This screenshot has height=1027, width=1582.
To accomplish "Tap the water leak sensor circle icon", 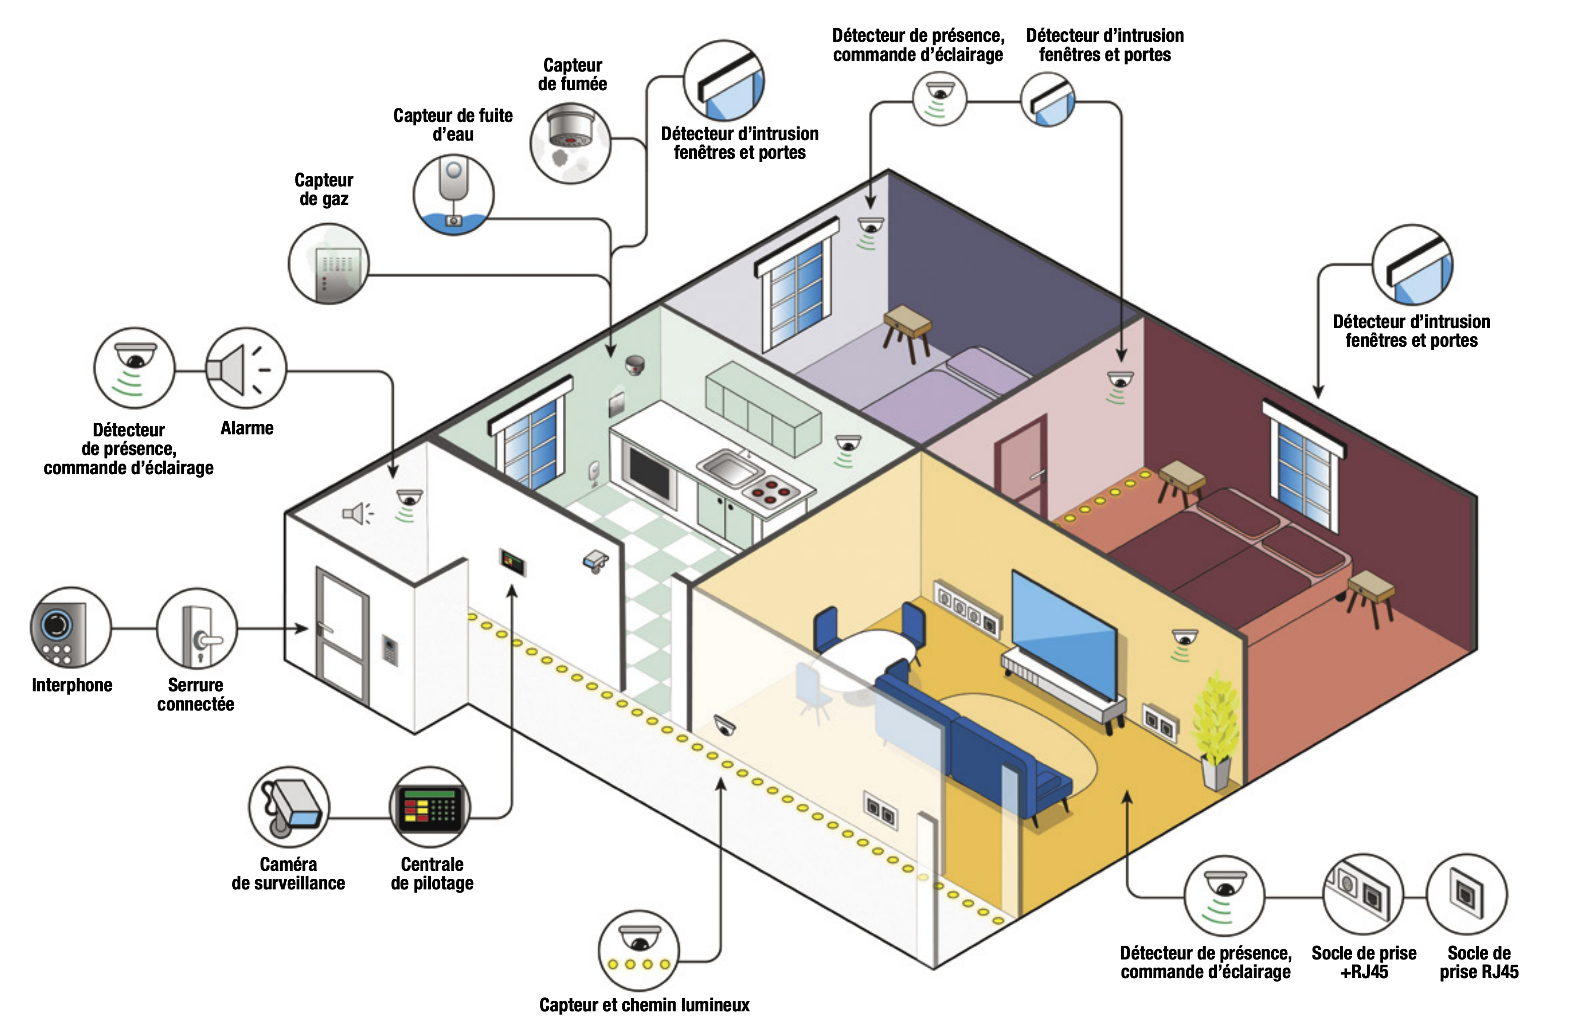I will [453, 194].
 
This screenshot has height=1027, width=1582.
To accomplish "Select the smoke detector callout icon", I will [570, 143].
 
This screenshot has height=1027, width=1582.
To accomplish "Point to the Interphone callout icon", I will [71, 627].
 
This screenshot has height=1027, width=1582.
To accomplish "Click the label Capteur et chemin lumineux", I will [644, 1004].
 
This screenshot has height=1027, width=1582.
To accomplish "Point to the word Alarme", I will [246, 428].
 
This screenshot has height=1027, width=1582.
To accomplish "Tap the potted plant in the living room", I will [1216, 731].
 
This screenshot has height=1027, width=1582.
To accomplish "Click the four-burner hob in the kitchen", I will [771, 492].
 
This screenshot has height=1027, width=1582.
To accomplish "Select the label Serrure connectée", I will [195, 694].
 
